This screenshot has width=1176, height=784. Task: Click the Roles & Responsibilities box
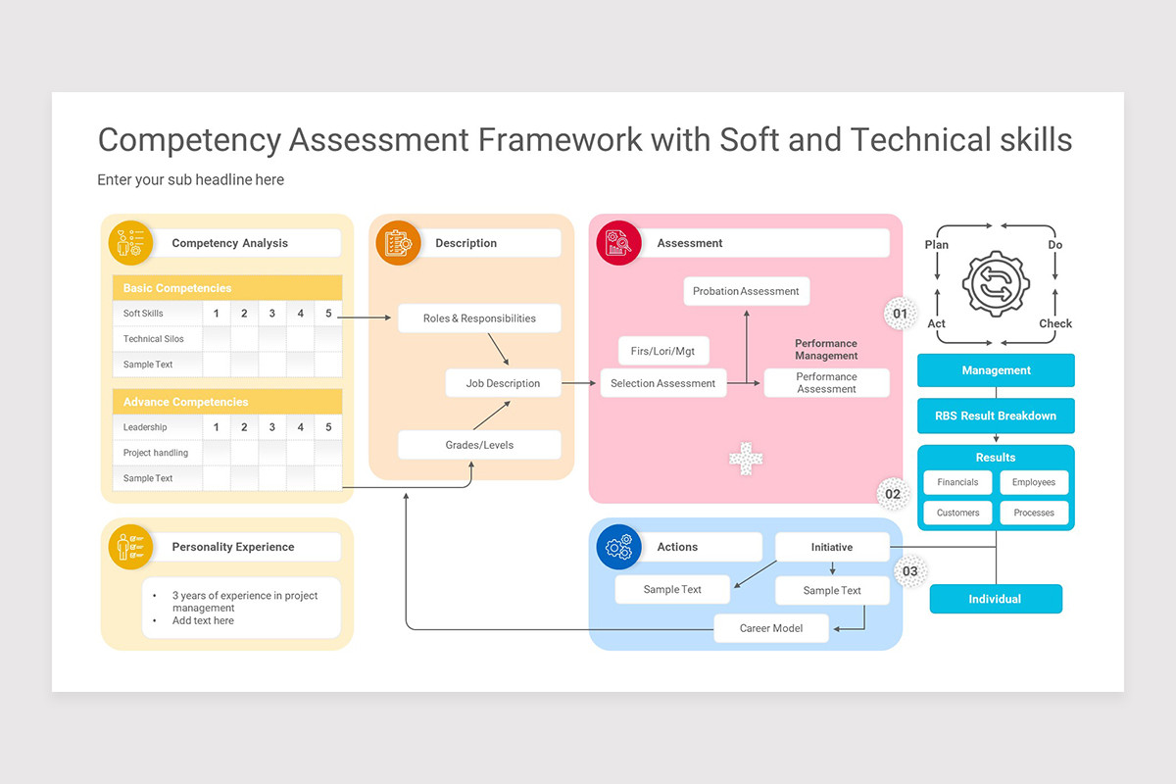coord(479,318)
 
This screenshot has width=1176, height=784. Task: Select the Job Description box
coord(503,383)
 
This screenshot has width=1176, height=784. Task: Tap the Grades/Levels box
coord(479,445)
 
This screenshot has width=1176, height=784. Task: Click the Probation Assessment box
coord(746,291)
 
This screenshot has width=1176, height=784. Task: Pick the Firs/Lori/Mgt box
coord(662,351)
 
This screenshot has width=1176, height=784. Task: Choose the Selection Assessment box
coord(663,383)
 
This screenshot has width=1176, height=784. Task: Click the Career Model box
coord(770,628)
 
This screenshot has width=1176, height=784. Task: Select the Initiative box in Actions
coord(831,547)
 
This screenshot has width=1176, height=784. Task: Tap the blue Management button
coord(996,370)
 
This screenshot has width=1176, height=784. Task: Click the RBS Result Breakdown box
coord(996,416)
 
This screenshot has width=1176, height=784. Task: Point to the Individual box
coord(995,599)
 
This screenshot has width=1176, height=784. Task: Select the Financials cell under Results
coord(957,482)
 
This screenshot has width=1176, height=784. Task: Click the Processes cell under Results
coord(1034,513)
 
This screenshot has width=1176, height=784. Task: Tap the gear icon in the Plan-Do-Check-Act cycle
coord(996,284)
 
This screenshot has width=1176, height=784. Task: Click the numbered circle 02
coord(893,494)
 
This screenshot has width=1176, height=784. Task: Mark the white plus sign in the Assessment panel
coord(746,459)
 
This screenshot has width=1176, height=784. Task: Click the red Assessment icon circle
coord(618,243)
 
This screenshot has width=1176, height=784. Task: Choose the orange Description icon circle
coord(398,243)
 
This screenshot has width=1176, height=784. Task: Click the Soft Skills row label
coord(144,314)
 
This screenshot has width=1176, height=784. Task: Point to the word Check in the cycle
coord(1055,323)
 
